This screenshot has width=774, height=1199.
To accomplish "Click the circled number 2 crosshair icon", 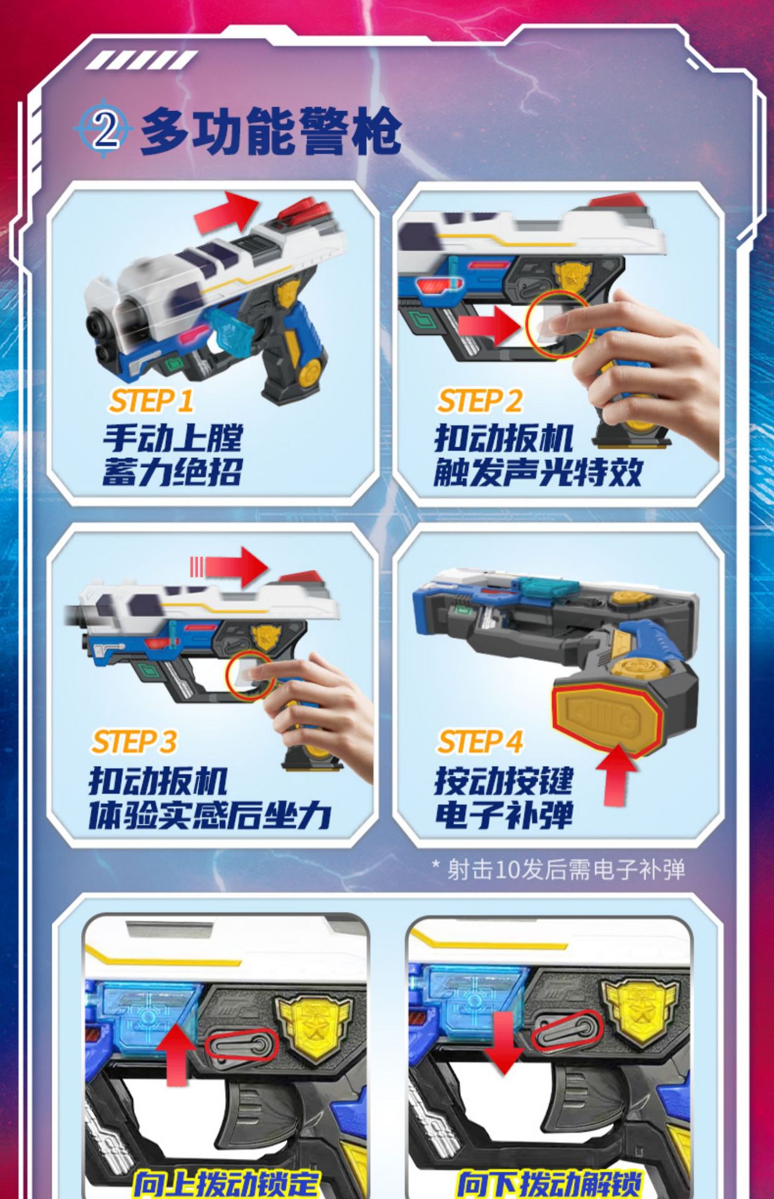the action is [x=104, y=129].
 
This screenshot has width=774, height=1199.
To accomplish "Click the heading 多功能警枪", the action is [x=271, y=131].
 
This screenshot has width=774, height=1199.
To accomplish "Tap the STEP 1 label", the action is [x=151, y=401].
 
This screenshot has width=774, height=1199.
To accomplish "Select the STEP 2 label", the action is [x=479, y=401].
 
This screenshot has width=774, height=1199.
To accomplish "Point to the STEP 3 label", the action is [x=134, y=742].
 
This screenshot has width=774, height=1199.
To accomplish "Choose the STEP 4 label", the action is [x=479, y=742].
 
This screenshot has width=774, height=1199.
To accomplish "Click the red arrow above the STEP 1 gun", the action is [x=227, y=212].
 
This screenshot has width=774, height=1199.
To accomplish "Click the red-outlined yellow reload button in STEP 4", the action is [x=605, y=719].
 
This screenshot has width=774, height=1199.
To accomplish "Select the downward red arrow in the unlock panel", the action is [x=504, y=1042].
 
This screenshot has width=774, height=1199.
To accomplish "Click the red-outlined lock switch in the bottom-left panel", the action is [x=242, y=1045].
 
